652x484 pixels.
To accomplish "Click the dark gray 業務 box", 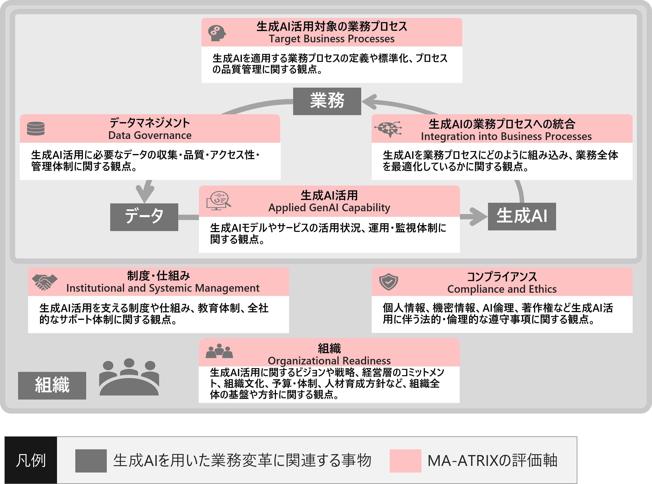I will [327, 101].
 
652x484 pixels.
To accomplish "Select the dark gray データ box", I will [144, 217].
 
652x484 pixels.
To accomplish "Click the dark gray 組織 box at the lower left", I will [52, 385].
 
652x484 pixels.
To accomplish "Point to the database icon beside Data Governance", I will [36, 129].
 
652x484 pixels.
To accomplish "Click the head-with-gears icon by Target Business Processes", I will [217, 33].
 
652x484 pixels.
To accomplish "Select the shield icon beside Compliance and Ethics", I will [388, 282].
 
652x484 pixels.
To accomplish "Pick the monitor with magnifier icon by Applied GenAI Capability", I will [218, 201].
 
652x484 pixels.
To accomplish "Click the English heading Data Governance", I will [150, 135].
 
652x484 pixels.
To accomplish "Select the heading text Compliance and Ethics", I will [502, 289].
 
